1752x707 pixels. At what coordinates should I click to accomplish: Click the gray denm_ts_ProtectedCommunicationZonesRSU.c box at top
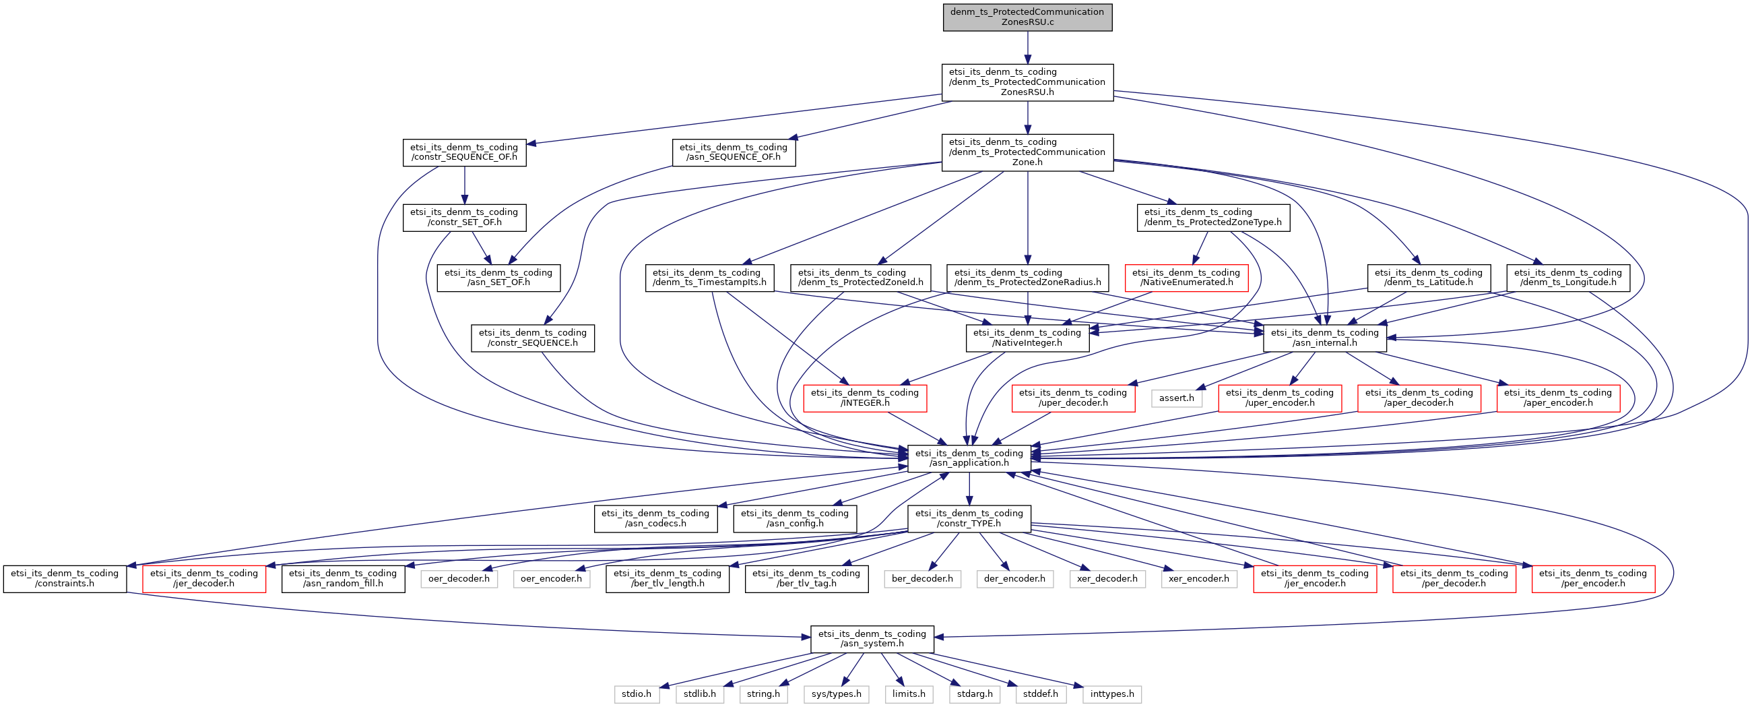1027,17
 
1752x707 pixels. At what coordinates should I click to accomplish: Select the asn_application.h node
969,458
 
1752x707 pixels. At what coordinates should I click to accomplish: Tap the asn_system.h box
872,638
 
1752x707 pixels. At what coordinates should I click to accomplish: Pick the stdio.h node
636,694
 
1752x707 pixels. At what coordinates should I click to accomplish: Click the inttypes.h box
1112,694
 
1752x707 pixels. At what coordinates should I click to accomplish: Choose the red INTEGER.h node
864,398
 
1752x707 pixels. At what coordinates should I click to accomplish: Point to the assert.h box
1176,398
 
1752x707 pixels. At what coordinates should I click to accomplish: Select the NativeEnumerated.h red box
1186,278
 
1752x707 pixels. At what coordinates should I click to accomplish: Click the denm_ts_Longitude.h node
1567,278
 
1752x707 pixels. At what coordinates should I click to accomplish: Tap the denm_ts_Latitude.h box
1428,278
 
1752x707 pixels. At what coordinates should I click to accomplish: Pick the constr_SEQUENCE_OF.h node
464,152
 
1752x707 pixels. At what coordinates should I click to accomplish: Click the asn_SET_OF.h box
498,278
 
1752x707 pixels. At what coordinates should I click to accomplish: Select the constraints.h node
65,578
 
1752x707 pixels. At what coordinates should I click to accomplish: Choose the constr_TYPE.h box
969,518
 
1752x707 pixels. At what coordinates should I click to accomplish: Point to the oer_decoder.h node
459,579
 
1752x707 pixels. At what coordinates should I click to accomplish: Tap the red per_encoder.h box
1593,578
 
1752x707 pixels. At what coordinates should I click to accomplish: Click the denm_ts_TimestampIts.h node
709,278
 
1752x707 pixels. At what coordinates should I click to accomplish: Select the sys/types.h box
836,694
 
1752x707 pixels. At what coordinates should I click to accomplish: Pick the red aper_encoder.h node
1557,398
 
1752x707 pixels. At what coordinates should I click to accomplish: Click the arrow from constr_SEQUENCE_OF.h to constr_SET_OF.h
465,185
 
